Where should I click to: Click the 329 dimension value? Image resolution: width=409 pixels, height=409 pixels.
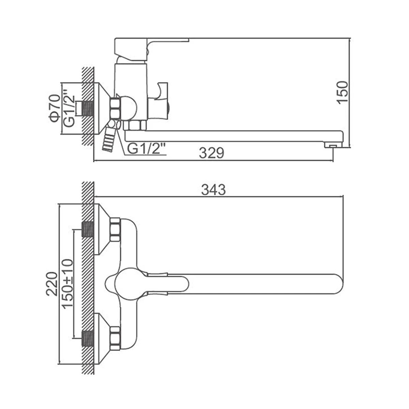211,153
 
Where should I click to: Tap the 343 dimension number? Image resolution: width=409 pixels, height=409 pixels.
213,190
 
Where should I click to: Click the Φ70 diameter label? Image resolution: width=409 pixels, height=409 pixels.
55,108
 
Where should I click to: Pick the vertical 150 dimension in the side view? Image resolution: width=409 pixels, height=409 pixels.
342,92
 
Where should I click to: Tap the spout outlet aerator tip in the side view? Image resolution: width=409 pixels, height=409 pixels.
333,145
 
